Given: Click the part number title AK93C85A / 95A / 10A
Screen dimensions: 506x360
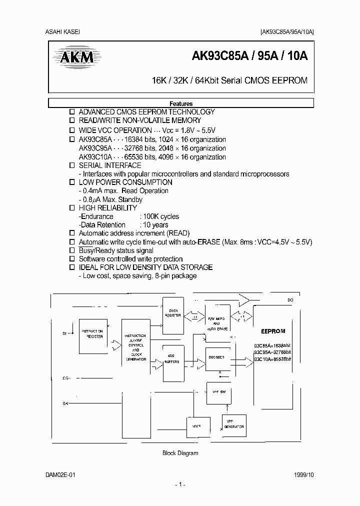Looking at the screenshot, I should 250,56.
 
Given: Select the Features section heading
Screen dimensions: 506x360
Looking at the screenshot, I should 181,103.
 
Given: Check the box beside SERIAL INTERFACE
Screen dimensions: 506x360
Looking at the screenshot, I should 71,165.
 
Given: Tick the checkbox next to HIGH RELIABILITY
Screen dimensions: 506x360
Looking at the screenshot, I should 71,208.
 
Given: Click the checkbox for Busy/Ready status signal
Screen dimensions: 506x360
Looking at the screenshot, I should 71,250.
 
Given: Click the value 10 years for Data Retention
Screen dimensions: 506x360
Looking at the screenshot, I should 154,225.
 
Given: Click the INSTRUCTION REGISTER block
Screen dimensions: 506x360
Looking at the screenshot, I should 92,333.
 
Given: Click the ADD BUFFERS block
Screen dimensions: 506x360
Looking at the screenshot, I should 173,360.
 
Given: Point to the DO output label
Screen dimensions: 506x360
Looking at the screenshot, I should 290,300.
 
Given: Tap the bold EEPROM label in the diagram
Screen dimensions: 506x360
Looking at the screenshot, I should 272,331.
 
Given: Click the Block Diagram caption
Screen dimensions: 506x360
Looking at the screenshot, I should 180,453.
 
